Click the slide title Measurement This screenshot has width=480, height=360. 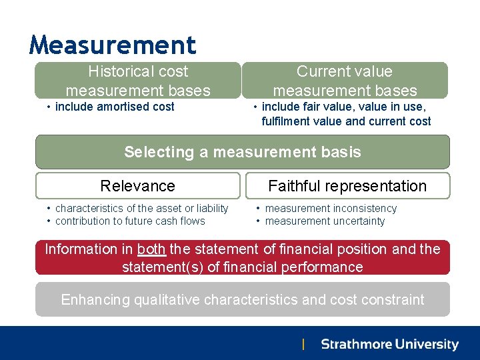(113, 45)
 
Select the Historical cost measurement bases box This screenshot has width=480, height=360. (137, 81)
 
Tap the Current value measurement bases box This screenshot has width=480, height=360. (345, 81)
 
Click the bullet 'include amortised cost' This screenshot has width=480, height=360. (114, 107)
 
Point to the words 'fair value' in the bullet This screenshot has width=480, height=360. (321, 107)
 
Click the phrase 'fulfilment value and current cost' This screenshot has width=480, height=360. (346, 121)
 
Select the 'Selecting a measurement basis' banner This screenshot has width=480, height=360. (242, 152)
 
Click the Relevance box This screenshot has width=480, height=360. (137, 186)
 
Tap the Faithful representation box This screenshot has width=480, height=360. (347, 186)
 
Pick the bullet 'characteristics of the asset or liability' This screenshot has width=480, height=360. (141, 209)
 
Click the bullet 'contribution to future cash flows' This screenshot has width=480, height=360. (130, 221)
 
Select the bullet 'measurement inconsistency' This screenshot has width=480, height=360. (331, 209)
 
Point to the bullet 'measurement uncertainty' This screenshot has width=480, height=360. (325, 221)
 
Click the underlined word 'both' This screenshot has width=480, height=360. (151, 249)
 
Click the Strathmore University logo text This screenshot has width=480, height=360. (389, 345)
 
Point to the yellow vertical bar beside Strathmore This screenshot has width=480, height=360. (303, 345)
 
